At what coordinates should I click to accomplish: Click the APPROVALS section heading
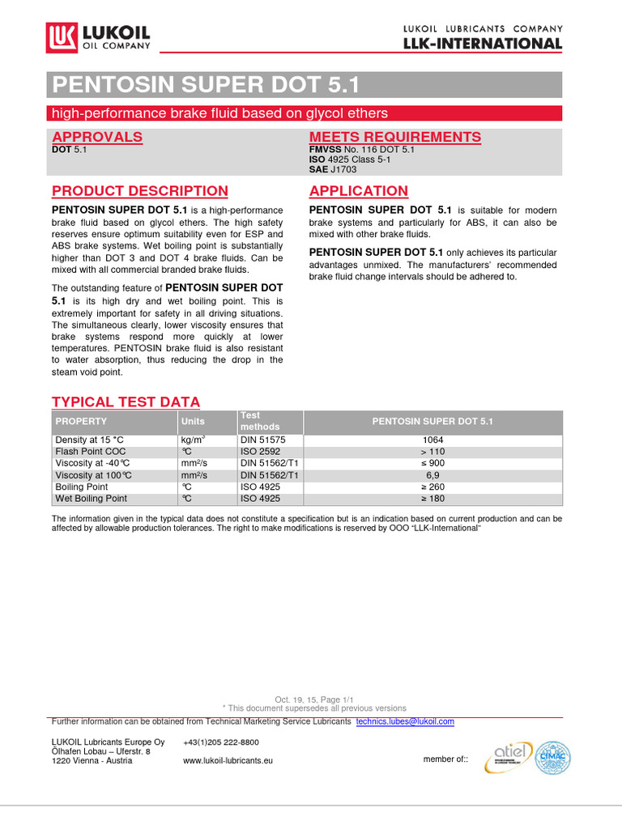tap(97, 137)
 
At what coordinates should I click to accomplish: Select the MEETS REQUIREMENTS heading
tap(395, 137)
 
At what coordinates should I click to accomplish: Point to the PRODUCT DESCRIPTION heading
tap(140, 191)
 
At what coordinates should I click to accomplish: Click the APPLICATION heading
tap(359, 191)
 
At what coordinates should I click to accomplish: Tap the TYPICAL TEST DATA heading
tap(126, 402)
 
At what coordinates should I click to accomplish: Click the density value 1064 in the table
tap(432, 440)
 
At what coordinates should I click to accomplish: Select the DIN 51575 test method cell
tap(263, 440)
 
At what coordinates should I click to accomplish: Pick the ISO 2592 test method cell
tap(260, 452)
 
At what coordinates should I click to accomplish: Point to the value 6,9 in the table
tap(432, 475)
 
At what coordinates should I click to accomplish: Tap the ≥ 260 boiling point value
tap(432, 487)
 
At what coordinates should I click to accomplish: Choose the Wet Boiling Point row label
tap(92, 499)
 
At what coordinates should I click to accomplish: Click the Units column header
tap(193, 421)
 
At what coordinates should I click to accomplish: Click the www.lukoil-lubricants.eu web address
tap(228, 761)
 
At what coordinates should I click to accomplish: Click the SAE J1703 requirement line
tap(332, 169)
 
